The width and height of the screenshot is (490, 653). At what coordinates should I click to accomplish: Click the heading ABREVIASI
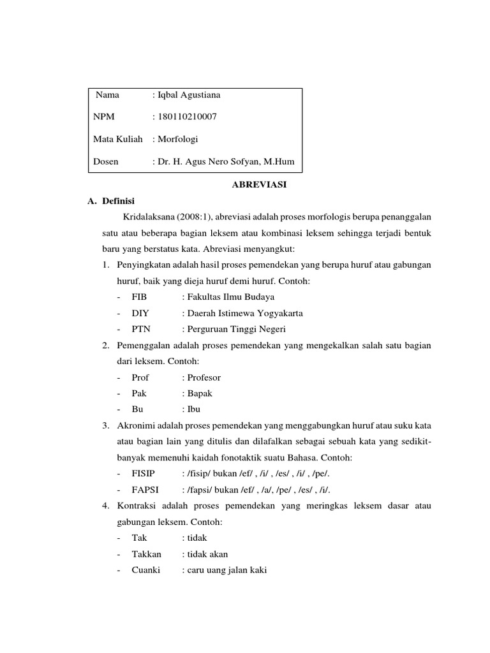258,185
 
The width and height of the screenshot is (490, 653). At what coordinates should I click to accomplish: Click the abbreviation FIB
139,297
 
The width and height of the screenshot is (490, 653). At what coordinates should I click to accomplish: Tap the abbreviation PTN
140,329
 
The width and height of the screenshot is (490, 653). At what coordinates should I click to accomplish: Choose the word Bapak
199,393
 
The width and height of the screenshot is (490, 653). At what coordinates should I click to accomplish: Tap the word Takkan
146,554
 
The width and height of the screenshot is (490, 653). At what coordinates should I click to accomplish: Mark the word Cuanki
145,570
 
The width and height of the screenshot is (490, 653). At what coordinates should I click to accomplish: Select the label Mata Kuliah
117,140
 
